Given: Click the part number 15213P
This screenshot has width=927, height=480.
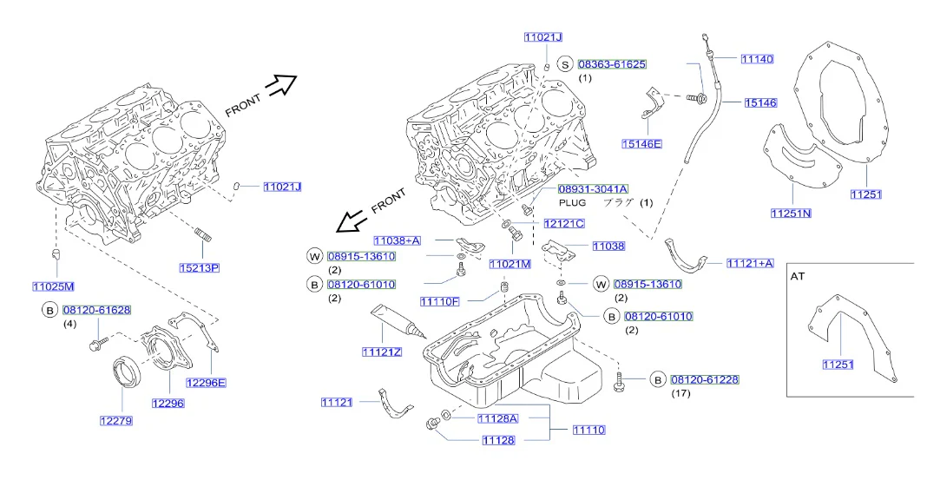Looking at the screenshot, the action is click(200, 268).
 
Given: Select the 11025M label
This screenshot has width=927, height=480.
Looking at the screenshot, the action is click(53, 286).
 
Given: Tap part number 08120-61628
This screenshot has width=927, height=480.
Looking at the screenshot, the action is click(97, 310).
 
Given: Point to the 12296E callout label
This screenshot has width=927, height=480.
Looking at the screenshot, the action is click(206, 383).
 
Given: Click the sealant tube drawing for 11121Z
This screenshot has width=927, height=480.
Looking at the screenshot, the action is click(396, 322).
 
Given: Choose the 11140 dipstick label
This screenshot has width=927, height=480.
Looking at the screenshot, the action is click(758, 58).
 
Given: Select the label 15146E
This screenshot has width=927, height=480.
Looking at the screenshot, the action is click(641, 143).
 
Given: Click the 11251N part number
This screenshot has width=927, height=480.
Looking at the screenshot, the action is click(791, 213).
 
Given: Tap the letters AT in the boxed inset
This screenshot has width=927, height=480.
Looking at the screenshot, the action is click(798, 276).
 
